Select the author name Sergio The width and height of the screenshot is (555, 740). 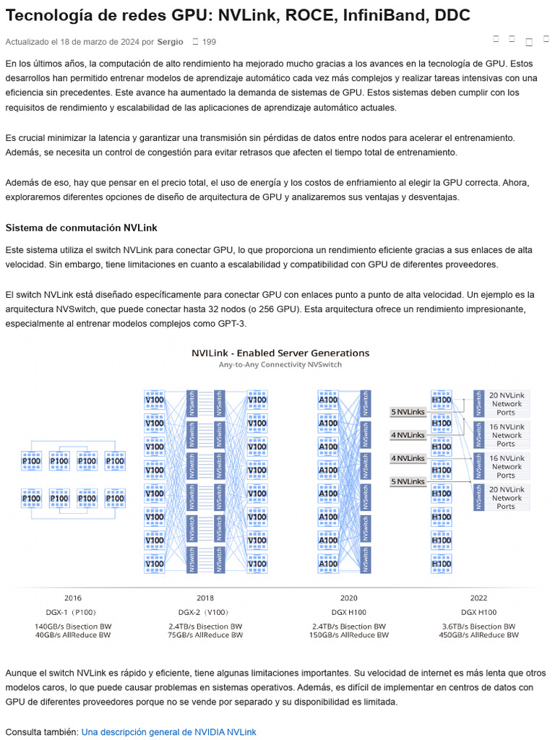click(x=170, y=42)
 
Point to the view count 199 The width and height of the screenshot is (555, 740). click(x=210, y=42)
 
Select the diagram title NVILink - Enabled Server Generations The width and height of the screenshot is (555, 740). click(x=280, y=353)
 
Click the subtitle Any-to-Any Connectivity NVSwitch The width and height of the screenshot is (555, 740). click(x=280, y=365)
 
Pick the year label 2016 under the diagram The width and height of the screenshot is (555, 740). click(x=73, y=598)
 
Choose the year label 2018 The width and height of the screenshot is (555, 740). click(x=205, y=598)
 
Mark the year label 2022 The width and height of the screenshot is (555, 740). click(x=478, y=598)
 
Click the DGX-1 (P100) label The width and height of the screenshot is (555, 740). click(x=73, y=612)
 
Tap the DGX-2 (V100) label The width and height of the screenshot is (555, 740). click(x=205, y=612)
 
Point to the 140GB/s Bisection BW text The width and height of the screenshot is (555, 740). click(x=73, y=627)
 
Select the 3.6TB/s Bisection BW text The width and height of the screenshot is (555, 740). click(x=478, y=627)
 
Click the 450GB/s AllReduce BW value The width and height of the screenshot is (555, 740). click(x=478, y=635)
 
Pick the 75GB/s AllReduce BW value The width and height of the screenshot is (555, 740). click(x=205, y=635)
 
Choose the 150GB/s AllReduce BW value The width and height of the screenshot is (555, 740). click(x=349, y=635)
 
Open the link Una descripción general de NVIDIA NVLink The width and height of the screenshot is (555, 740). click(x=168, y=732)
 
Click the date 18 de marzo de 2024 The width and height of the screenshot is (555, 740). click(x=103, y=42)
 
